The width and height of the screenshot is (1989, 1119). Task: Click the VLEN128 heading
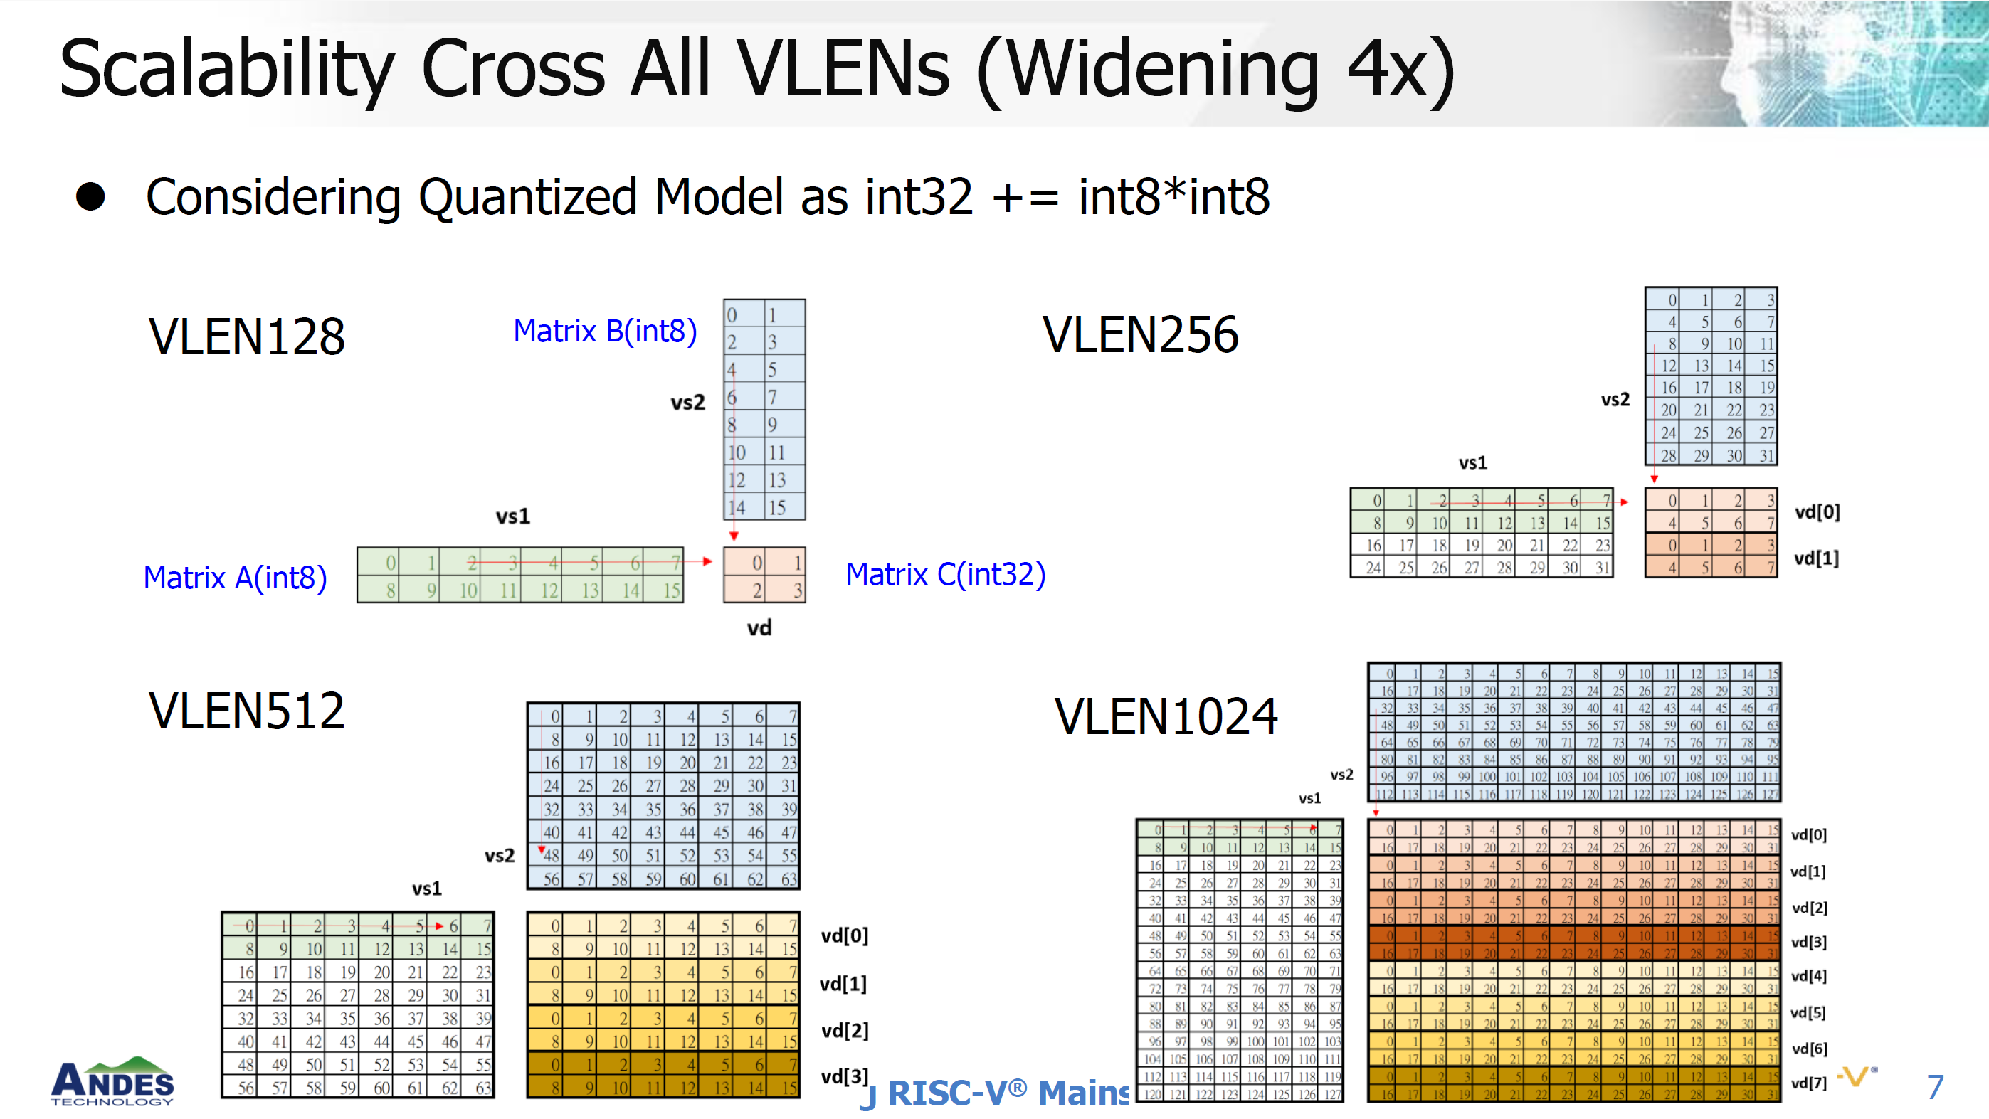point(246,337)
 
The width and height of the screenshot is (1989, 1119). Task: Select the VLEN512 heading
point(246,711)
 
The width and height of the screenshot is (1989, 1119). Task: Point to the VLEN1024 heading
point(1165,717)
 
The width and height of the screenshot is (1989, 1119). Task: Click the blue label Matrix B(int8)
point(605,331)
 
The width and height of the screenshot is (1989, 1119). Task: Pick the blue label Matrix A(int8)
point(235,577)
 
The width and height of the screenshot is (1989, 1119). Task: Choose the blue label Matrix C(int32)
point(945,574)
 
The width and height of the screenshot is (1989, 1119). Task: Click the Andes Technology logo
point(112,1082)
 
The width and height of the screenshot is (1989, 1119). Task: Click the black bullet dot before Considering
point(90,197)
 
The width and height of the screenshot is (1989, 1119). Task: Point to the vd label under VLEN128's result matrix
point(759,627)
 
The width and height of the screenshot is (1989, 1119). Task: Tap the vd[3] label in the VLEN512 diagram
point(844,1076)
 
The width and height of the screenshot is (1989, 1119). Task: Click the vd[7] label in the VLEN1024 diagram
point(1808,1083)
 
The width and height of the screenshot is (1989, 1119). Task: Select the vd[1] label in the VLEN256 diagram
point(1816,558)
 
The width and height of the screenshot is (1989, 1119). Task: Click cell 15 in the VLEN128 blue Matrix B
point(777,507)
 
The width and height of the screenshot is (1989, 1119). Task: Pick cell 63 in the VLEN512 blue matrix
point(788,879)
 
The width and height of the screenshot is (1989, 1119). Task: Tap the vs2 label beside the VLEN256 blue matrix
point(1615,399)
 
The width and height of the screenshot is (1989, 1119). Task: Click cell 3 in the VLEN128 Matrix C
point(797,590)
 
